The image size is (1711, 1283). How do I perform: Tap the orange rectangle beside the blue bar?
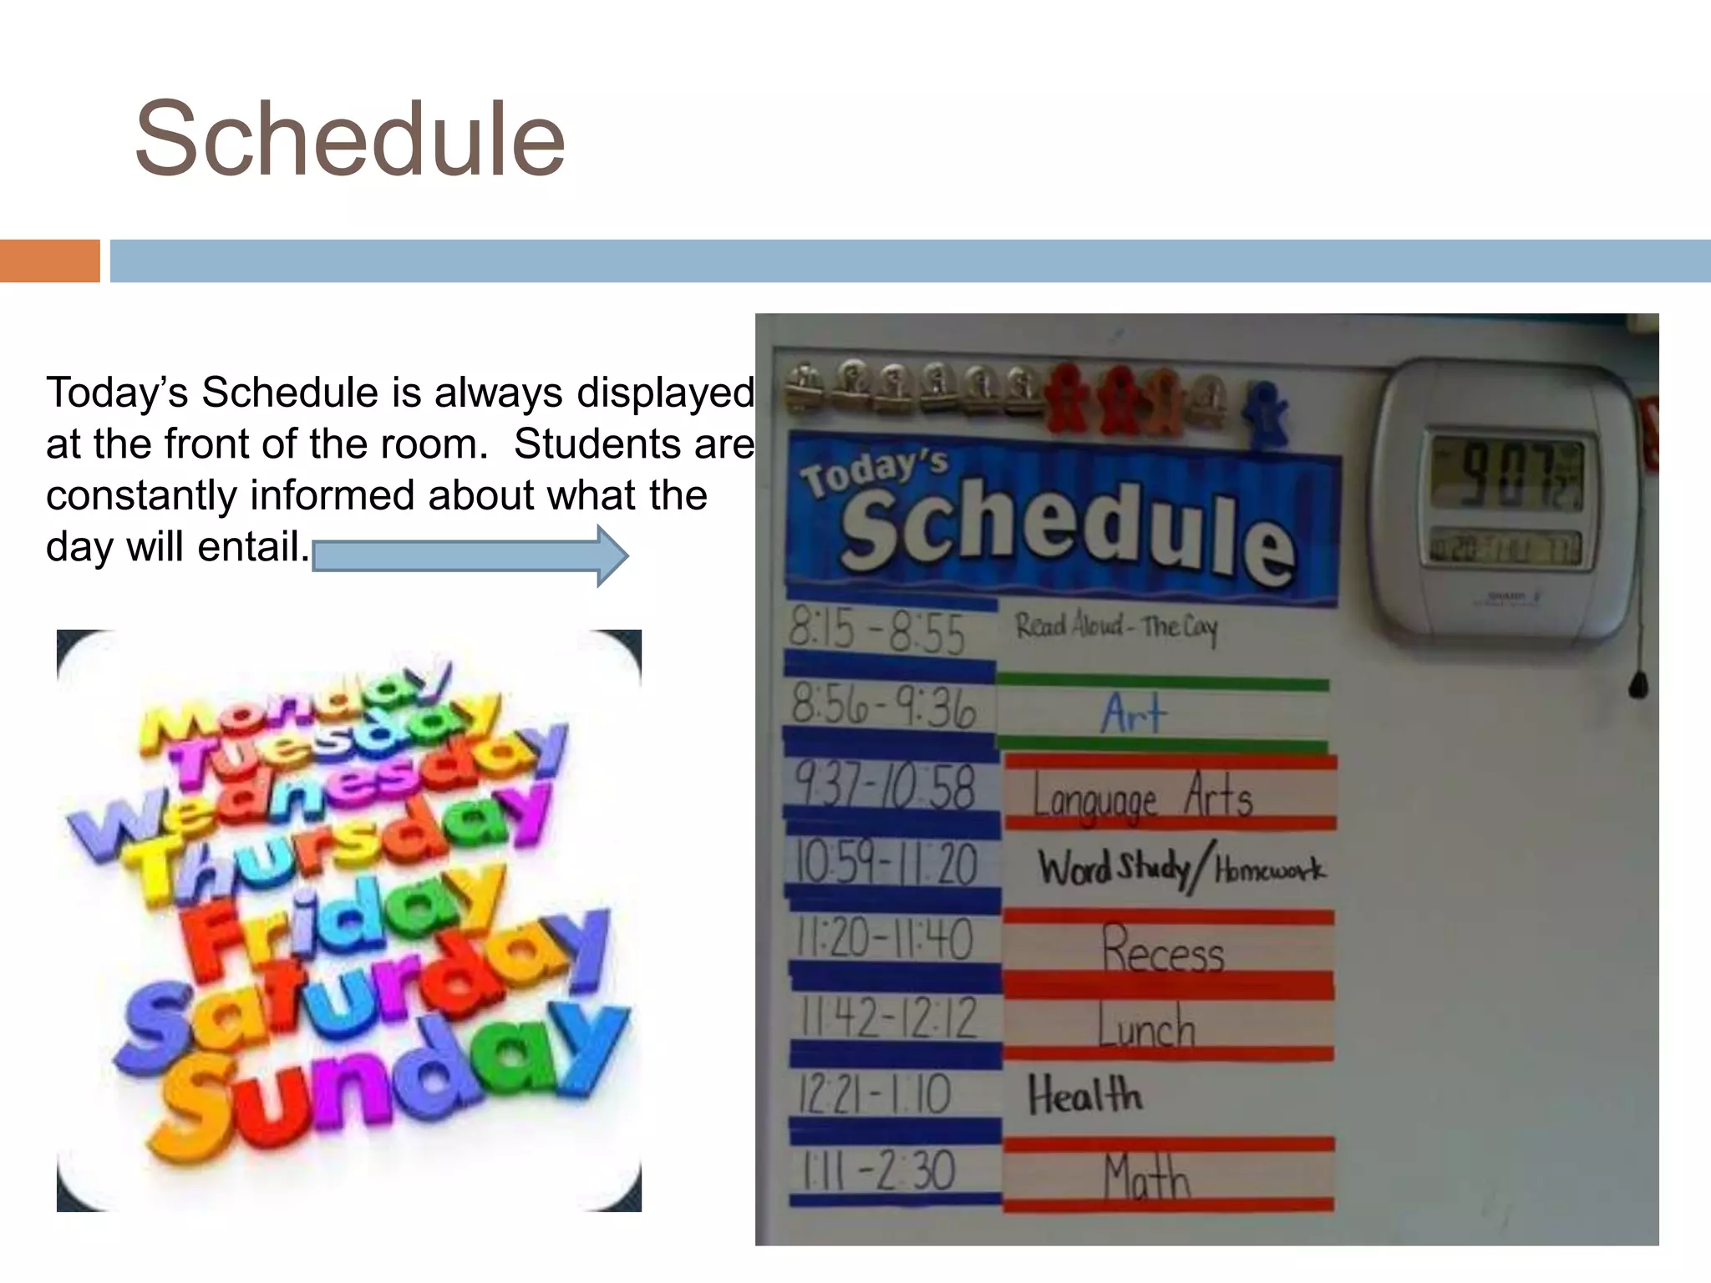point(49,261)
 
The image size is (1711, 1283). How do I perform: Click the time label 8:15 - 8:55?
point(877,631)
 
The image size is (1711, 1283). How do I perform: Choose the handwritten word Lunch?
point(1146,1027)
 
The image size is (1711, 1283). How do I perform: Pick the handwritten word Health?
point(1084,1096)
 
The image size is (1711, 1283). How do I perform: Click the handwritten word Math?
point(1146,1178)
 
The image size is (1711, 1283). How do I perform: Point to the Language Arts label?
point(1142,796)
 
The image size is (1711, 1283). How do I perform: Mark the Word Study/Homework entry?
point(1180,870)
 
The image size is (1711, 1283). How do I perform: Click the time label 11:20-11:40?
point(884,940)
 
